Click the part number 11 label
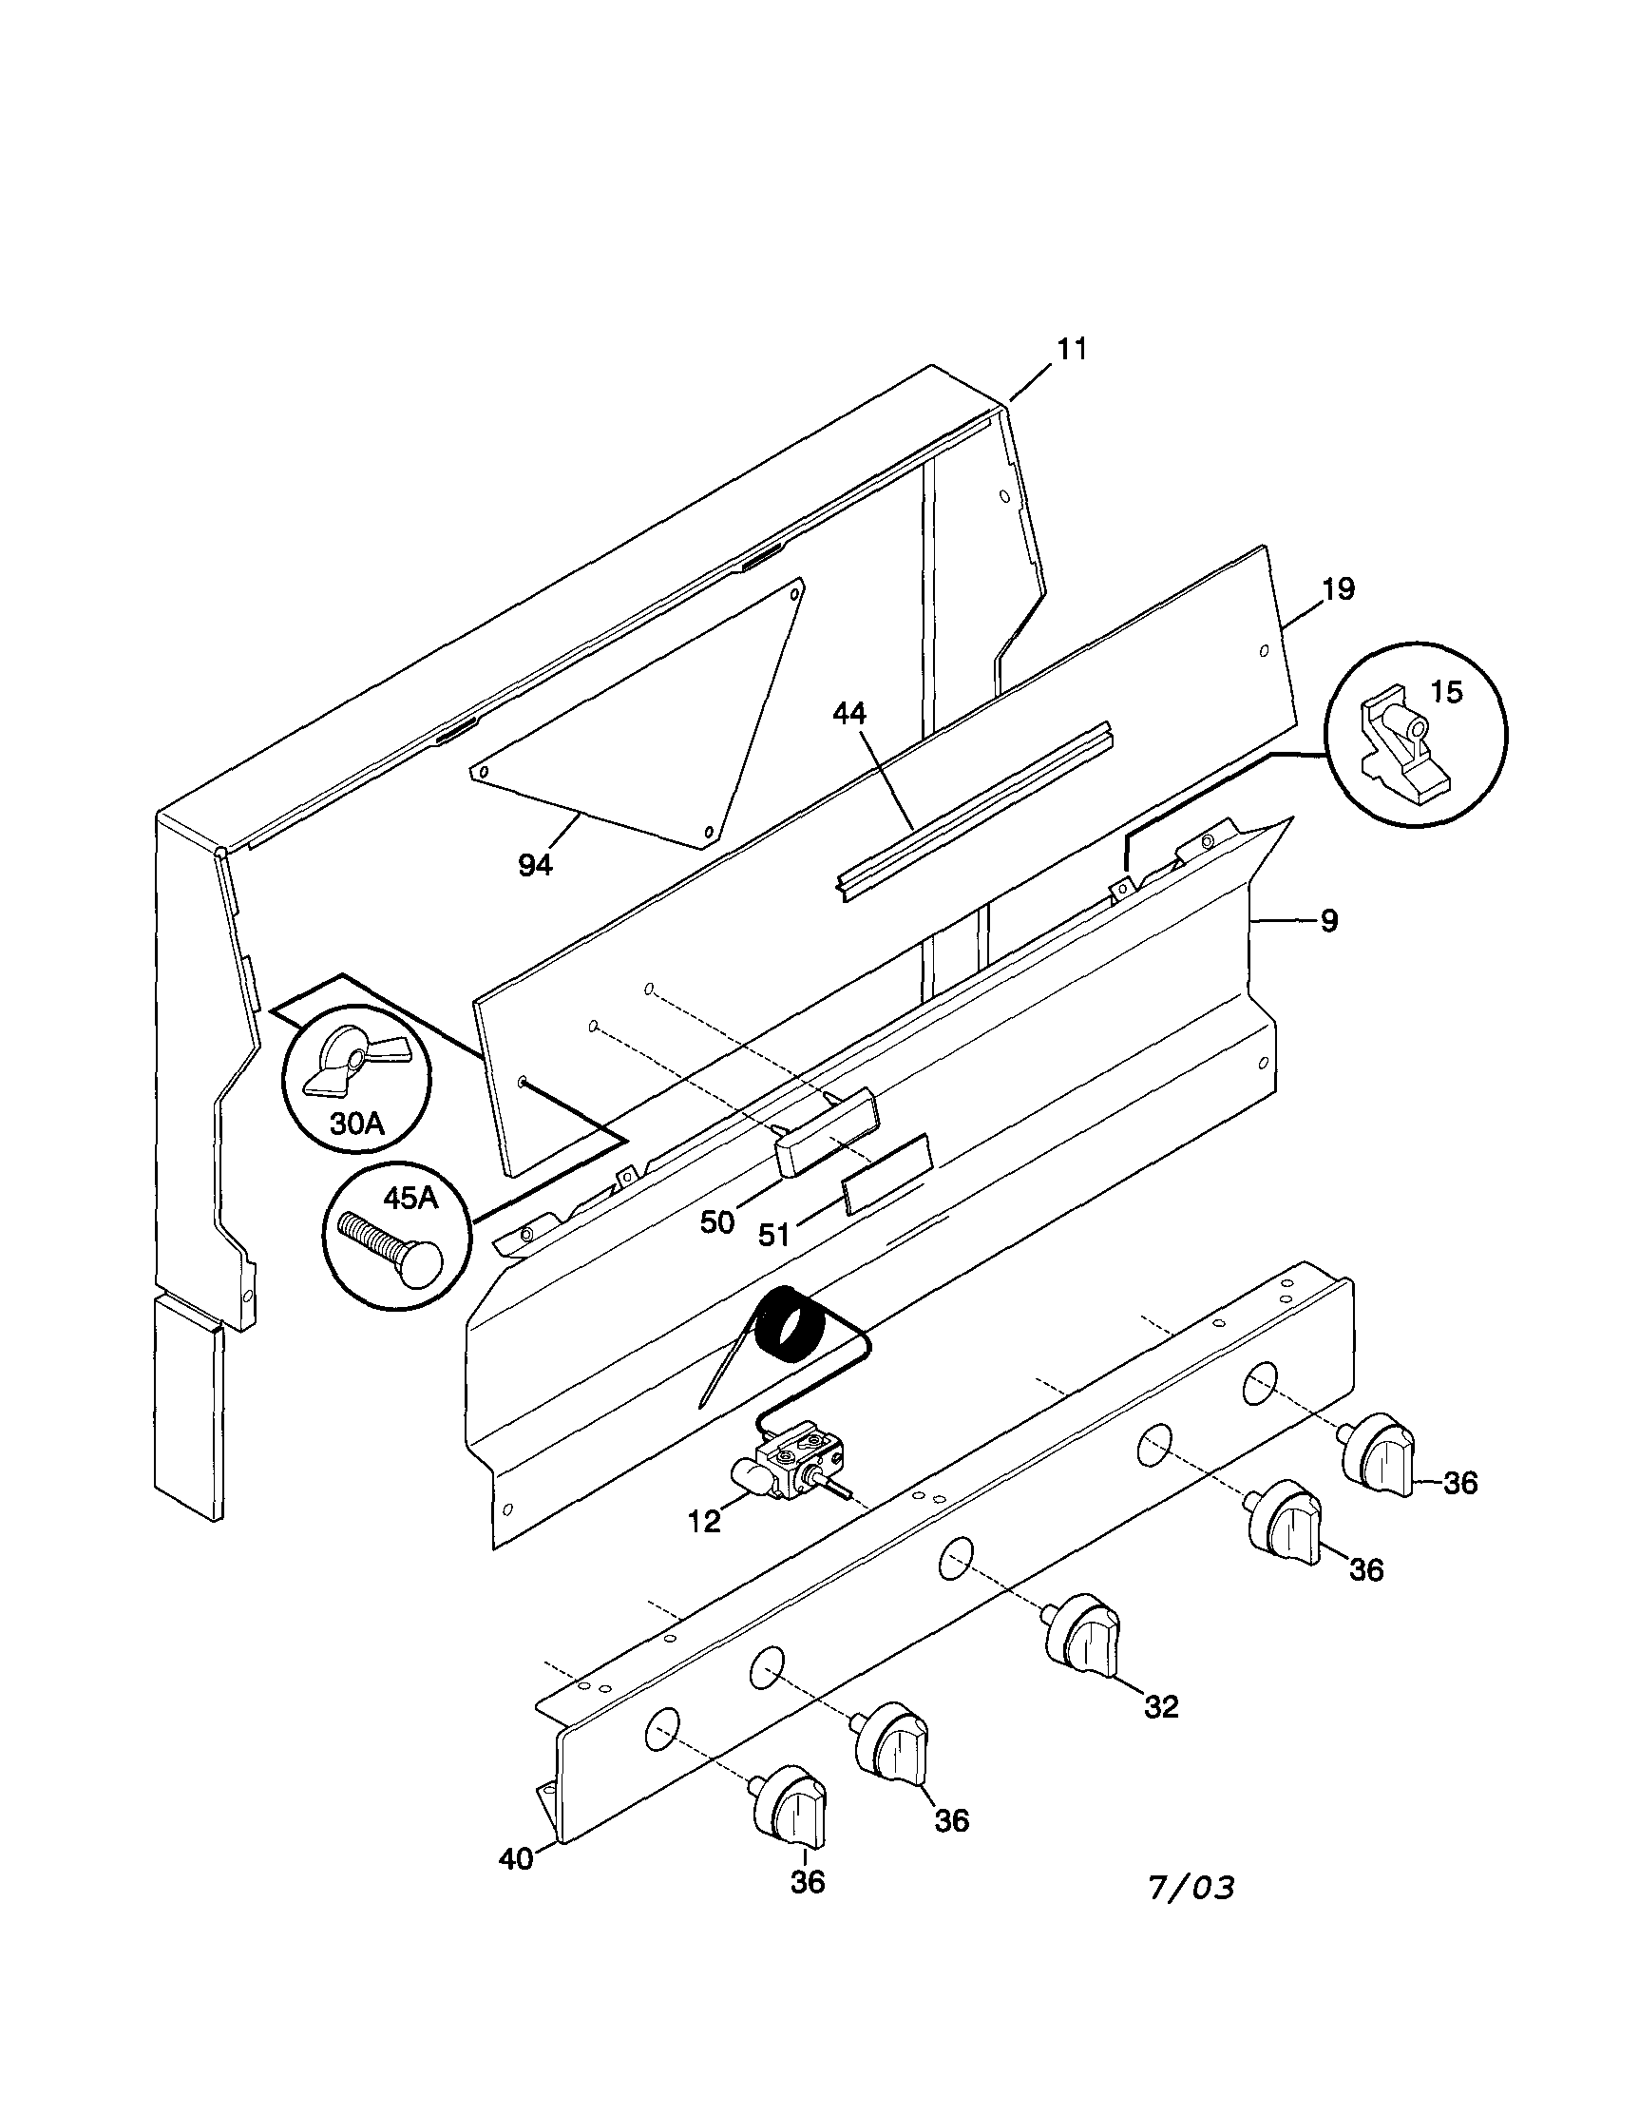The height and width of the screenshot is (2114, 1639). (x=1071, y=350)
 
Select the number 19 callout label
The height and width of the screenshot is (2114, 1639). (x=1338, y=588)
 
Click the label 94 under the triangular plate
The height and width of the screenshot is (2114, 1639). (x=535, y=865)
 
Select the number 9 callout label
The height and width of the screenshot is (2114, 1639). (x=1328, y=920)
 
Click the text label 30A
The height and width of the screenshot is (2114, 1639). (x=357, y=1124)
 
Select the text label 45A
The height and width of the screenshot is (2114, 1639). (x=411, y=1199)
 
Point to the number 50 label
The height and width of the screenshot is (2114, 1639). (x=717, y=1222)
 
